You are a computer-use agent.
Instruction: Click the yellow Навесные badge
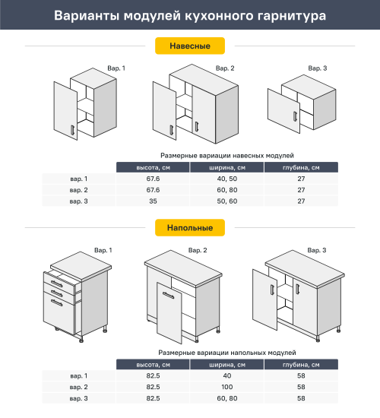(x=190, y=46)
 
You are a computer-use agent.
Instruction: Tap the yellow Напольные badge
(x=190, y=227)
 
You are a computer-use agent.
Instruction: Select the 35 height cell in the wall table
(x=152, y=201)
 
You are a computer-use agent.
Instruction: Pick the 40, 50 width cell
(x=226, y=179)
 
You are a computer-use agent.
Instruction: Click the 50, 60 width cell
(x=226, y=201)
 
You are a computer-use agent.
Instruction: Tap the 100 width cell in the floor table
(x=226, y=387)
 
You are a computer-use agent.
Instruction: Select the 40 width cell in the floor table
(x=226, y=375)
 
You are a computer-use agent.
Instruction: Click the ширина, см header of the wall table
(x=226, y=167)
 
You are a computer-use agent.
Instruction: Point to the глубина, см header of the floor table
(x=301, y=365)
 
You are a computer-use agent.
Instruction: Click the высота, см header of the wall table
(x=152, y=167)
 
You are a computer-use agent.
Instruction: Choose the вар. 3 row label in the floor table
(x=79, y=398)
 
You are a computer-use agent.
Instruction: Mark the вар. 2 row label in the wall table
(x=79, y=189)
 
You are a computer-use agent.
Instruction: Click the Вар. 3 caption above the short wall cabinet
(x=318, y=68)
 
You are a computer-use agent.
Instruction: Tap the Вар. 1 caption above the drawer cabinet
(x=103, y=250)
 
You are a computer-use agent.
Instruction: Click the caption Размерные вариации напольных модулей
(x=227, y=353)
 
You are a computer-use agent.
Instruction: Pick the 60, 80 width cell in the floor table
(x=226, y=398)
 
